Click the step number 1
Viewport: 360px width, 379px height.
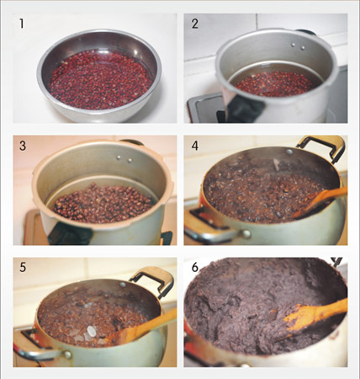click(22, 24)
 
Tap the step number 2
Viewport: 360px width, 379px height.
click(195, 24)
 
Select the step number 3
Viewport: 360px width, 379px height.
click(23, 146)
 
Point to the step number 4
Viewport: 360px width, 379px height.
click(195, 146)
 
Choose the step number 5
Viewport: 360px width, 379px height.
click(23, 267)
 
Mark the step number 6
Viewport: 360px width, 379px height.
click(195, 267)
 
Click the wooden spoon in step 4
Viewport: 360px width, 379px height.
click(320, 200)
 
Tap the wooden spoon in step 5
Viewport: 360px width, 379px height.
click(141, 327)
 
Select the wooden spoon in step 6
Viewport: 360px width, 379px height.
click(314, 314)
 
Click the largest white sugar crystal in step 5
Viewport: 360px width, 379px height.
click(92, 331)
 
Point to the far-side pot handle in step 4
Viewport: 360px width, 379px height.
click(322, 147)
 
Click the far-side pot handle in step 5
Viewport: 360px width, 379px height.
click(153, 280)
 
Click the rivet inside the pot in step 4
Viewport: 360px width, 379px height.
click(289, 152)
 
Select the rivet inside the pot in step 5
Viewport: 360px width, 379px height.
click(123, 285)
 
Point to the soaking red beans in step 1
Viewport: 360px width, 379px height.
click(100, 79)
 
